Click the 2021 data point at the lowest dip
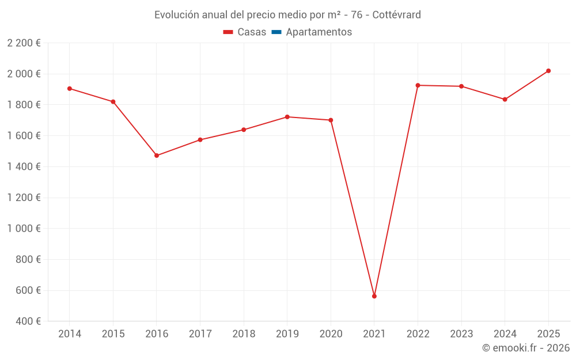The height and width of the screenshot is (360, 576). tap(374, 296)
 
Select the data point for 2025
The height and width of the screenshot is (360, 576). tap(548, 71)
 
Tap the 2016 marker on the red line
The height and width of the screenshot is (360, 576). tap(157, 156)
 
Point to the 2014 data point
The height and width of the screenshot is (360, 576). tap(70, 89)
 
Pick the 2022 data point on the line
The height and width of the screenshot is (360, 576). tap(418, 85)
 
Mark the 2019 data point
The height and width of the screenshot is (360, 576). tap(287, 117)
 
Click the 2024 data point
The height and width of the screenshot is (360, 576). tap(505, 100)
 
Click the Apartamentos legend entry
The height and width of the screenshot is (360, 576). tap(319, 32)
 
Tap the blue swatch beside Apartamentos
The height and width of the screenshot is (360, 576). tap(276, 32)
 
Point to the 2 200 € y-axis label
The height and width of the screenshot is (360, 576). tap(24, 43)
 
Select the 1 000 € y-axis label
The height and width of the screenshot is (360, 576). tap(24, 229)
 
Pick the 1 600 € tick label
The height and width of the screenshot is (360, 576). tap(24, 136)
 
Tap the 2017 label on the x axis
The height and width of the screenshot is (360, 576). tap(200, 334)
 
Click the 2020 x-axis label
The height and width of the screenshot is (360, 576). tap(331, 334)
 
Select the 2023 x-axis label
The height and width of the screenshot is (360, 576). tap(461, 334)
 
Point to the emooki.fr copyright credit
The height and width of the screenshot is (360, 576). tap(526, 348)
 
